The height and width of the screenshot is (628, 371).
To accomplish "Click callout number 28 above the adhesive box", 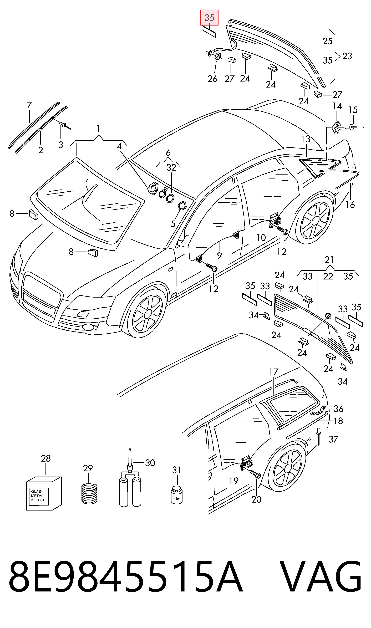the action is tap(46, 459).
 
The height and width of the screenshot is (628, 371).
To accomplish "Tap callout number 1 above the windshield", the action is tap(98, 129).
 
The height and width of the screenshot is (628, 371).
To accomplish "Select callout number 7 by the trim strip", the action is tap(29, 105).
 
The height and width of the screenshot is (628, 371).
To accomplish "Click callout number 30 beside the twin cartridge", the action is tap(150, 463).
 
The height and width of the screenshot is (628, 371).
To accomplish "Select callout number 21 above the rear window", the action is tap(329, 260).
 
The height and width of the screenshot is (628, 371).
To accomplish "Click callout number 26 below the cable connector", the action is tap(212, 79).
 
